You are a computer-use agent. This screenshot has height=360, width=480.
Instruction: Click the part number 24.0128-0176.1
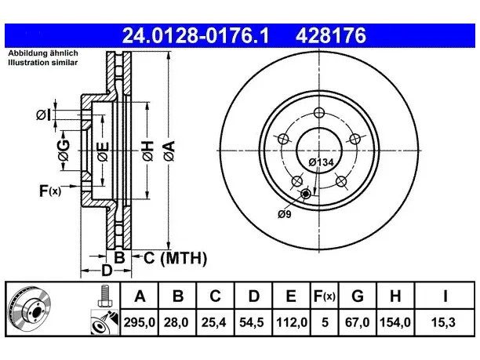click(x=195, y=35)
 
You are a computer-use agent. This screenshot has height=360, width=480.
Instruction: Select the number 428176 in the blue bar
click(x=331, y=35)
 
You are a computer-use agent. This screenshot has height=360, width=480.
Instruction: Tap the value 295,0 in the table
click(x=140, y=322)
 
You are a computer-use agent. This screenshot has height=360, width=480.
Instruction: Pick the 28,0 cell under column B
click(x=176, y=322)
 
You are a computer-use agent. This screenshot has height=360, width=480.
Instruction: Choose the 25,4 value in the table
click(x=214, y=322)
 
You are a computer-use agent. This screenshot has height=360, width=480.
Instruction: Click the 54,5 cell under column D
click(x=252, y=322)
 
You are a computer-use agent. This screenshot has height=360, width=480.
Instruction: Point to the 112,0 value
click(x=292, y=322)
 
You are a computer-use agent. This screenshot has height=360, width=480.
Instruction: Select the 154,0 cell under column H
click(x=395, y=322)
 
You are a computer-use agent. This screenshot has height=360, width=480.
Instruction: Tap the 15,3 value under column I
click(x=443, y=322)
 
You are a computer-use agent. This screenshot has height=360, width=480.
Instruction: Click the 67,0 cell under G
click(x=357, y=322)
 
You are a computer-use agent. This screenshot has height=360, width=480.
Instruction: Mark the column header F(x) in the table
click(x=325, y=296)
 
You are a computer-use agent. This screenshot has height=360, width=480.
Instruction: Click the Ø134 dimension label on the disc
click(x=321, y=162)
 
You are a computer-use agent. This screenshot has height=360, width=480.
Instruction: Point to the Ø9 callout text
click(x=285, y=214)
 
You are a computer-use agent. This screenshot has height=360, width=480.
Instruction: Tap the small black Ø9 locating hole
click(x=306, y=194)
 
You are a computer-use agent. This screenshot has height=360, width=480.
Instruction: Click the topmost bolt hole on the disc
click(x=319, y=113)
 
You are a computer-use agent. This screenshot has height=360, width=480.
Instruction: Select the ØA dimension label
click(x=169, y=151)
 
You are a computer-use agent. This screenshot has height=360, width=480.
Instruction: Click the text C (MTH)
click(x=175, y=258)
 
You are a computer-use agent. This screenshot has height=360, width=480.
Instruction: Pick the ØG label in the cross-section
click(x=64, y=150)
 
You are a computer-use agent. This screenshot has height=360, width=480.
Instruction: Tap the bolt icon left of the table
click(x=104, y=296)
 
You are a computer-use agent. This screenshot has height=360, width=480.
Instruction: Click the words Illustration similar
click(x=43, y=63)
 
